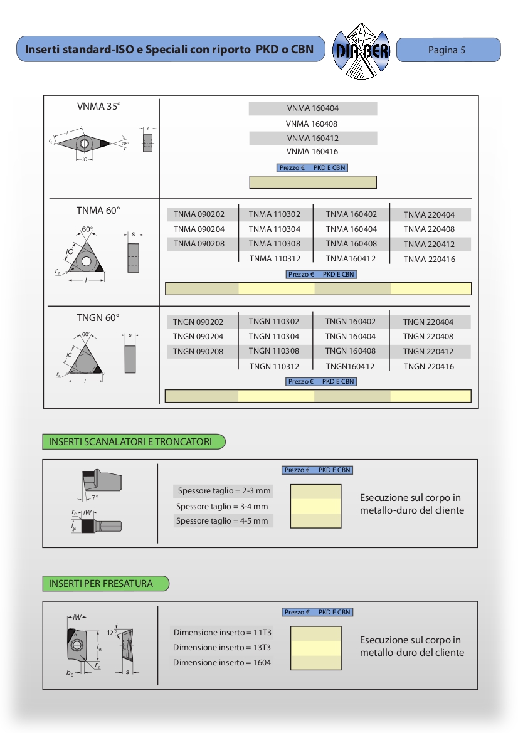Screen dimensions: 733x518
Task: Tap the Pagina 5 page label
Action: pyautogui.click(x=447, y=50)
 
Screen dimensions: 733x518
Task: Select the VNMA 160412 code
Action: pyautogui.click(x=312, y=138)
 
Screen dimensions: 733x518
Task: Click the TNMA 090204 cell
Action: pyautogui.click(x=199, y=229)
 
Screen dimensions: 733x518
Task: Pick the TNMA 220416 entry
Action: pyautogui.click(x=429, y=260)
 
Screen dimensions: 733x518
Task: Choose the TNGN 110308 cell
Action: pyautogui.click(x=274, y=351)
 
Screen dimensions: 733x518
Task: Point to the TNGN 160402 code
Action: pyautogui.click(x=351, y=322)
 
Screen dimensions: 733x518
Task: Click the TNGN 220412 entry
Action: pyautogui.click(x=428, y=352)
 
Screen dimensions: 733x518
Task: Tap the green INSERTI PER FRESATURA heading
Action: pyautogui.click(x=101, y=584)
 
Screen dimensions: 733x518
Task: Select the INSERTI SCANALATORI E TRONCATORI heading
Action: pyautogui.click(x=130, y=442)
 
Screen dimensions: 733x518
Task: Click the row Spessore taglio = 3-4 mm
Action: pyautogui.click(x=222, y=507)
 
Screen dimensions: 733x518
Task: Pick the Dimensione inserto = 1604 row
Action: pyautogui.click(x=222, y=662)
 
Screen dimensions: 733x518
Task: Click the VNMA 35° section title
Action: pyautogui.click(x=98, y=107)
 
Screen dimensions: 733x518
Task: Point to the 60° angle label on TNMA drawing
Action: pyautogui.click(x=87, y=229)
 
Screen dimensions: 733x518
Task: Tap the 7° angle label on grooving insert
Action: pyautogui.click(x=95, y=498)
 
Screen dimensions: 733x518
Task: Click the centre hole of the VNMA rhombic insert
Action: pyautogui.click(x=85, y=144)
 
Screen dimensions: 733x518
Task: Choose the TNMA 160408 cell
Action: pyautogui.click(x=351, y=244)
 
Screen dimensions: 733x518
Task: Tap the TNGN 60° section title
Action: pyautogui.click(x=98, y=318)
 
